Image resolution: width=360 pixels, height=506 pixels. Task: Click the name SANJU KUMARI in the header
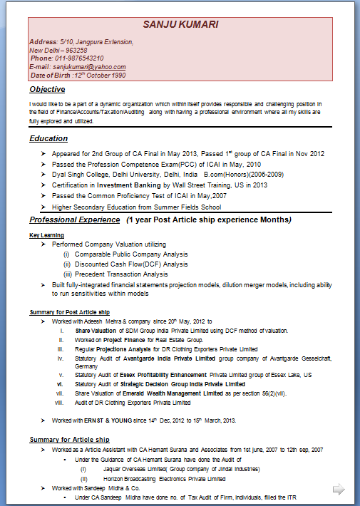(180, 25)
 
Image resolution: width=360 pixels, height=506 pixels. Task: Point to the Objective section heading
(47, 90)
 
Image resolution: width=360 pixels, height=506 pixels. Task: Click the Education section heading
(48, 138)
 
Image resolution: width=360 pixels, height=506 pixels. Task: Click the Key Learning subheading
(46, 235)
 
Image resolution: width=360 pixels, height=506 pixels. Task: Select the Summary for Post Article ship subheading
(69, 312)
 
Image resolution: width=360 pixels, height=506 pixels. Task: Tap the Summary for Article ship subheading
(69, 439)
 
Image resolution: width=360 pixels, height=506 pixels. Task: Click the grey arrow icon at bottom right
(339, 489)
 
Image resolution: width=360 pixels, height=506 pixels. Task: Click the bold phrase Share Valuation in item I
(97, 331)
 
